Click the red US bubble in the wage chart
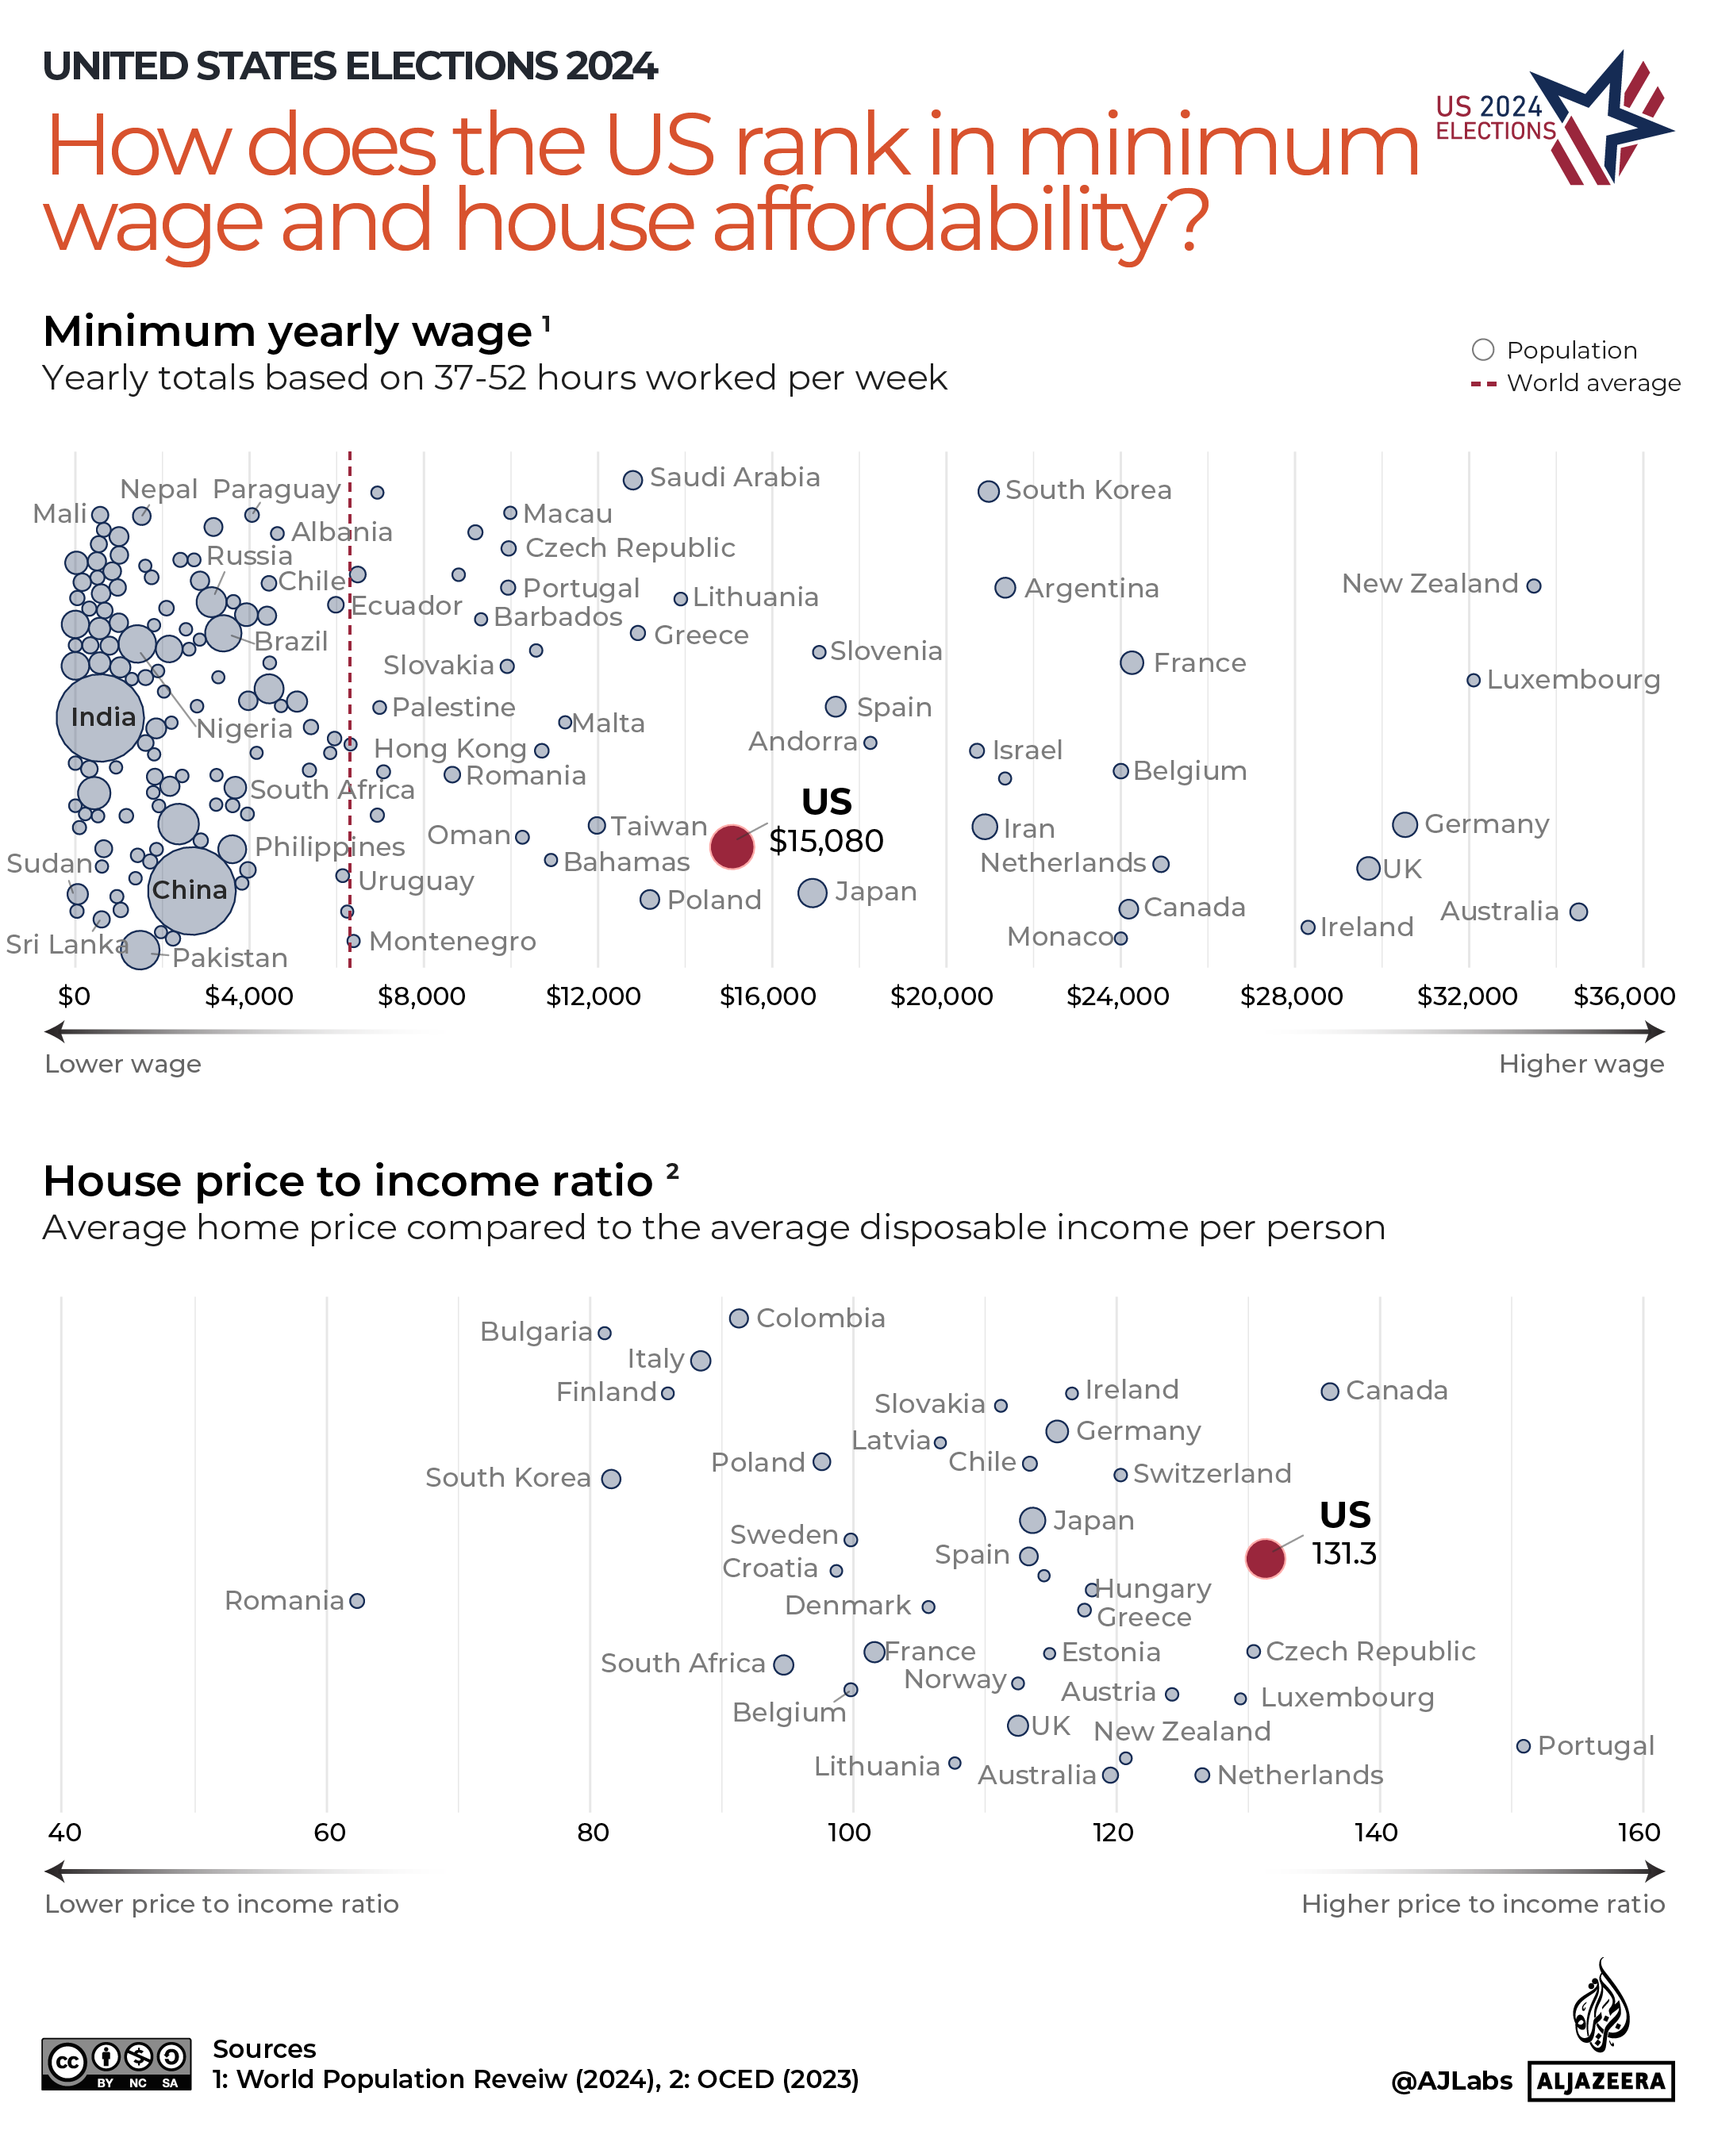pyautogui.click(x=732, y=846)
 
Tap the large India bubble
pyautogui.click(x=100, y=718)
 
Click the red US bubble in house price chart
pyautogui.click(x=1265, y=1558)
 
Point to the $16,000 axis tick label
pyautogui.click(x=767, y=996)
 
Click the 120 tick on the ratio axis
pyautogui.click(x=1113, y=1833)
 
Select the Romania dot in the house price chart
pyautogui.click(x=357, y=1600)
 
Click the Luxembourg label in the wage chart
pyautogui.click(x=1573, y=681)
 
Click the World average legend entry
pyautogui.click(x=1592, y=383)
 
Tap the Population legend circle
pyautogui.click(x=1482, y=350)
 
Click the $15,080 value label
pyautogui.click(x=826, y=842)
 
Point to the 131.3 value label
pyautogui.click(x=1343, y=1554)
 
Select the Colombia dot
pyautogui.click(x=738, y=1319)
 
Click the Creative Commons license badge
pyautogui.click(x=117, y=2064)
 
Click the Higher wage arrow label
pyautogui.click(x=1580, y=1064)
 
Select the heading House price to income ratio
pyautogui.click(x=348, y=1181)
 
